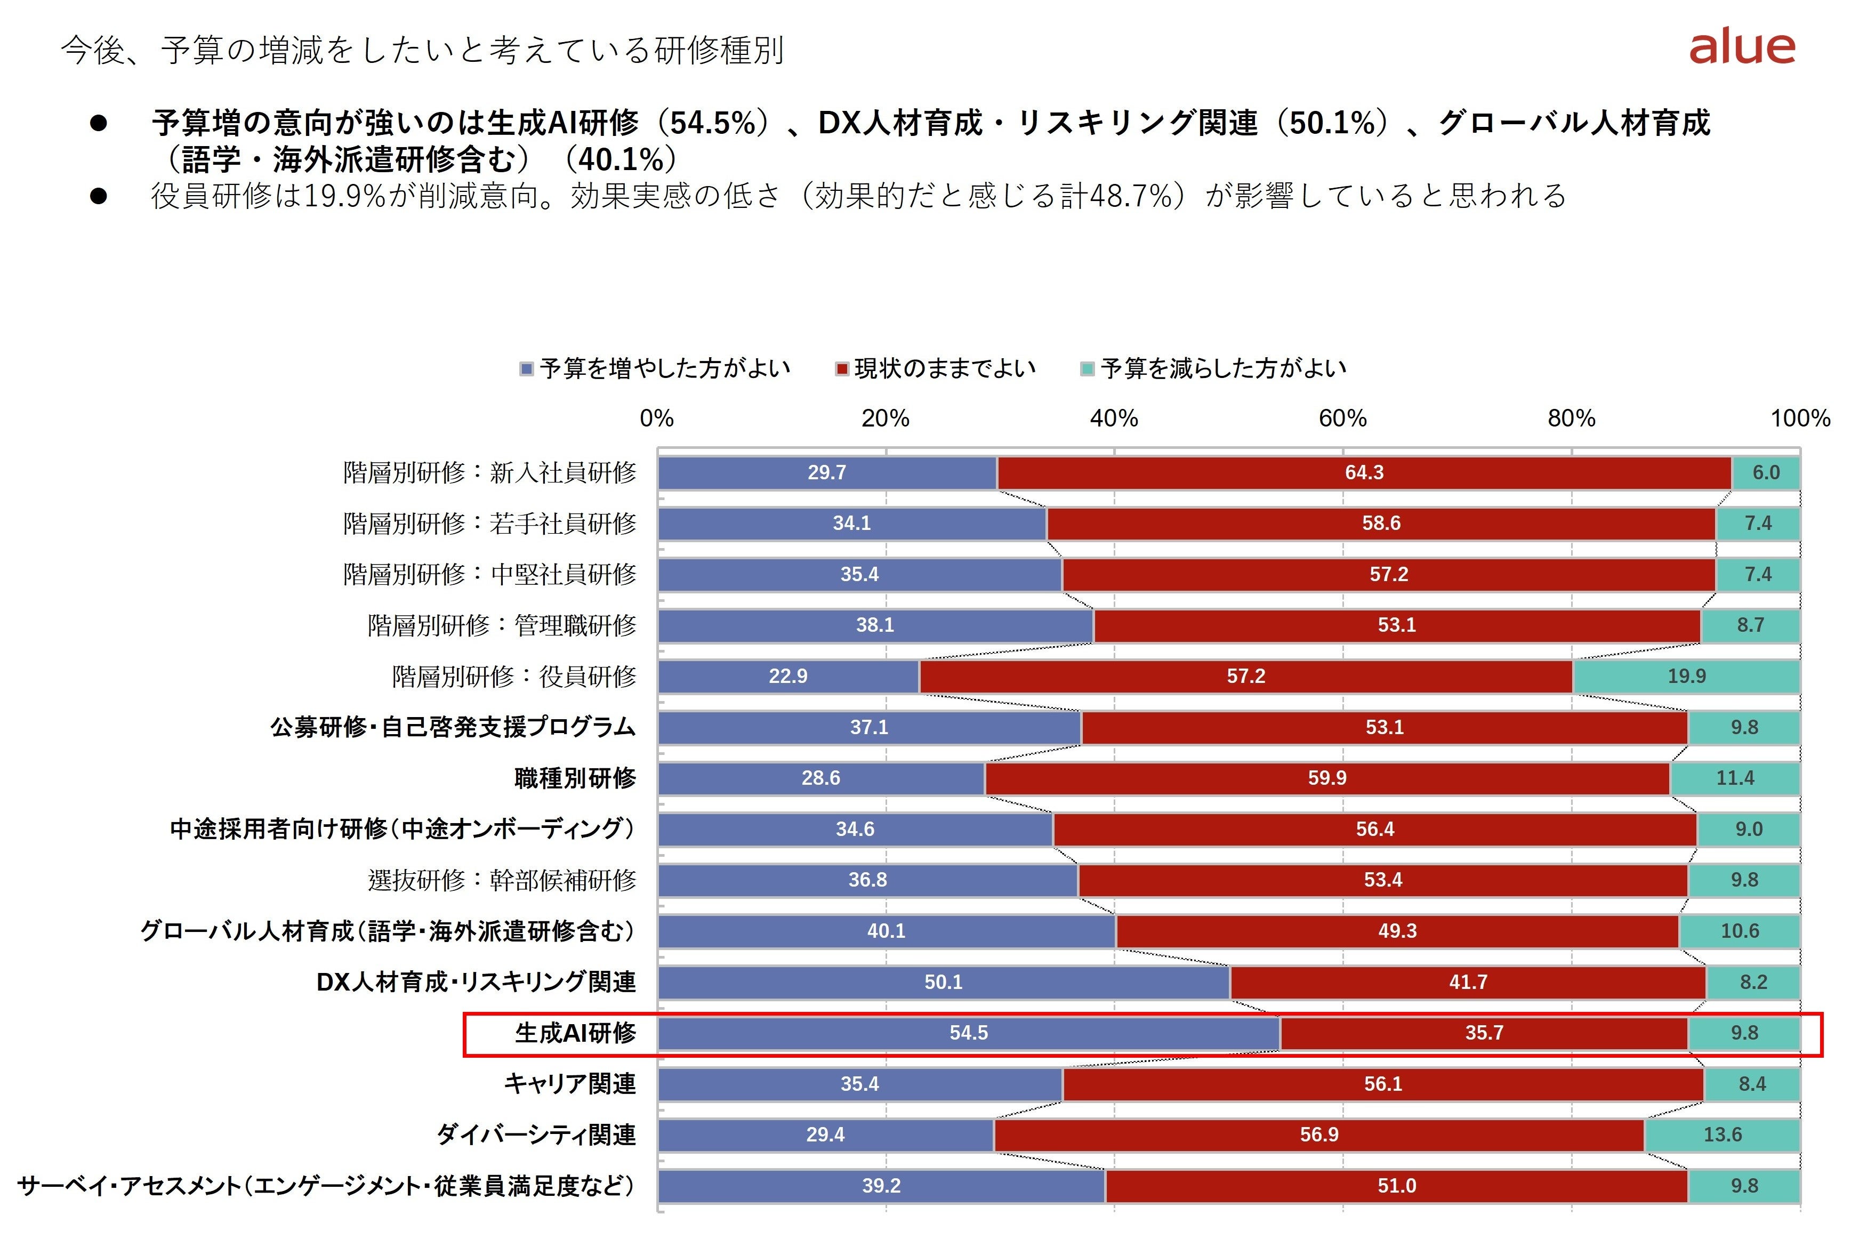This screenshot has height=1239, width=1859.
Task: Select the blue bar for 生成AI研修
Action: (969, 1033)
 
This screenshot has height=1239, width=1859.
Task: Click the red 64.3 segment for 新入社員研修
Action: (1364, 472)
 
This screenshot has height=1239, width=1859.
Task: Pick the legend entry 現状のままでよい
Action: (936, 368)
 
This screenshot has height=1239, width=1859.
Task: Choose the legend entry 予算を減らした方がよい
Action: (1213, 368)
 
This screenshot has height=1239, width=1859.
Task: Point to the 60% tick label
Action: (1342, 418)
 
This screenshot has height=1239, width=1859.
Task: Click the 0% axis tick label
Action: (656, 418)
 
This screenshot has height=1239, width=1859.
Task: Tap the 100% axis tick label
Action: (1800, 418)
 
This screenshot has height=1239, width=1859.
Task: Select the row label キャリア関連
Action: (569, 1083)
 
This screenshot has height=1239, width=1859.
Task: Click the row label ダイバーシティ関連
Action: (536, 1135)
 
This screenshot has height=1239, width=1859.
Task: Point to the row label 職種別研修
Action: (575, 778)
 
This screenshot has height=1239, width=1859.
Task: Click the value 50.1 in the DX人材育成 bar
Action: (943, 982)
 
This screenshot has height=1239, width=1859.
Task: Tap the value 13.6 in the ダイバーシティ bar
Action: (1723, 1135)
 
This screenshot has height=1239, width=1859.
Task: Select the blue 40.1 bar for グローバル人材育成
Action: (887, 931)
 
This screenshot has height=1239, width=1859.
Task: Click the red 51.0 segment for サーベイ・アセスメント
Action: (1397, 1185)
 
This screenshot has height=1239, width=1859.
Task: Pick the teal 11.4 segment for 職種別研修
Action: (1735, 778)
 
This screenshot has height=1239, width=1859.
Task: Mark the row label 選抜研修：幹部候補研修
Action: (502, 880)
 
